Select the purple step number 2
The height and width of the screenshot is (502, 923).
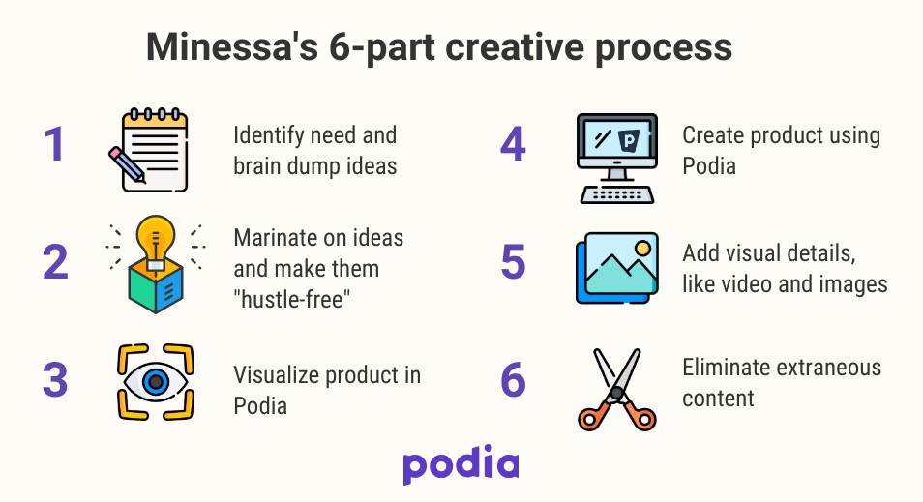point(56,263)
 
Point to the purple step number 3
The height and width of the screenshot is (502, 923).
point(55,380)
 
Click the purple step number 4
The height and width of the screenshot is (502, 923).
point(513,145)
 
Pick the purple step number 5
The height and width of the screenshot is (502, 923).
point(514,262)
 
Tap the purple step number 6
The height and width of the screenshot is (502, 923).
point(514,380)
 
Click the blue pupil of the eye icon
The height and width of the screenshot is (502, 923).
point(154,382)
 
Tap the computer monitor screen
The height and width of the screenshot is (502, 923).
point(616,140)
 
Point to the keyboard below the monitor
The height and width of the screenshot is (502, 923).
point(617,192)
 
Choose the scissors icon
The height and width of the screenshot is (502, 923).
point(617,388)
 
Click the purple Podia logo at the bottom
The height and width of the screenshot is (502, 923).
point(461,464)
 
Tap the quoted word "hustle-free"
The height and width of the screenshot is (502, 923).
point(291,300)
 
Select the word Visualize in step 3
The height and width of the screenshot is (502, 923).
point(276,375)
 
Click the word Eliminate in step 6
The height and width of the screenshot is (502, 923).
point(725,369)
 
